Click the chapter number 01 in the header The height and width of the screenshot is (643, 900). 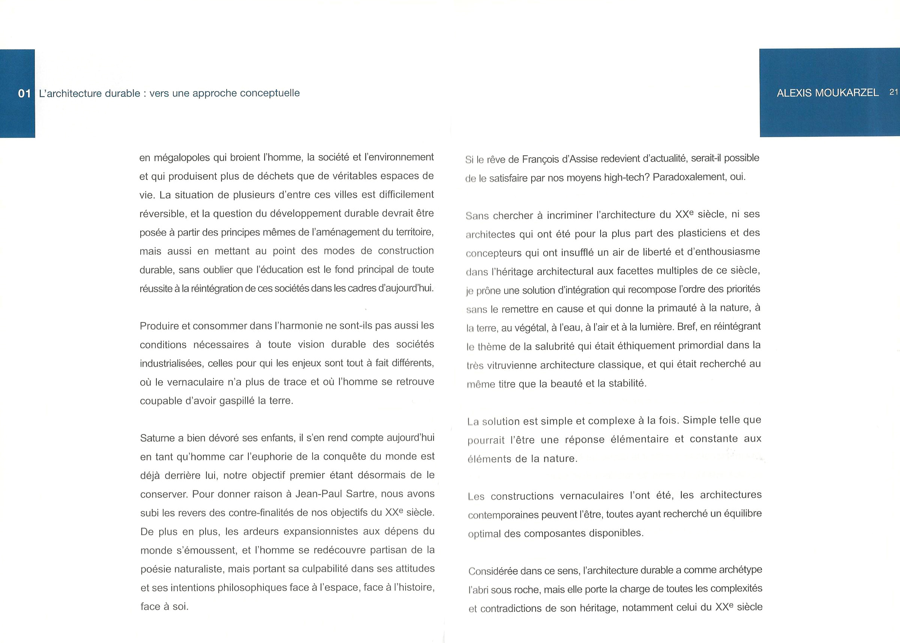(24, 93)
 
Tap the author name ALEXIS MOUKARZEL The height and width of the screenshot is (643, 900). (828, 93)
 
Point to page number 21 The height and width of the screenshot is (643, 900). (894, 92)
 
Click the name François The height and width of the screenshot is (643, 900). (540, 159)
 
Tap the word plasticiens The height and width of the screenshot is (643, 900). (702, 233)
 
